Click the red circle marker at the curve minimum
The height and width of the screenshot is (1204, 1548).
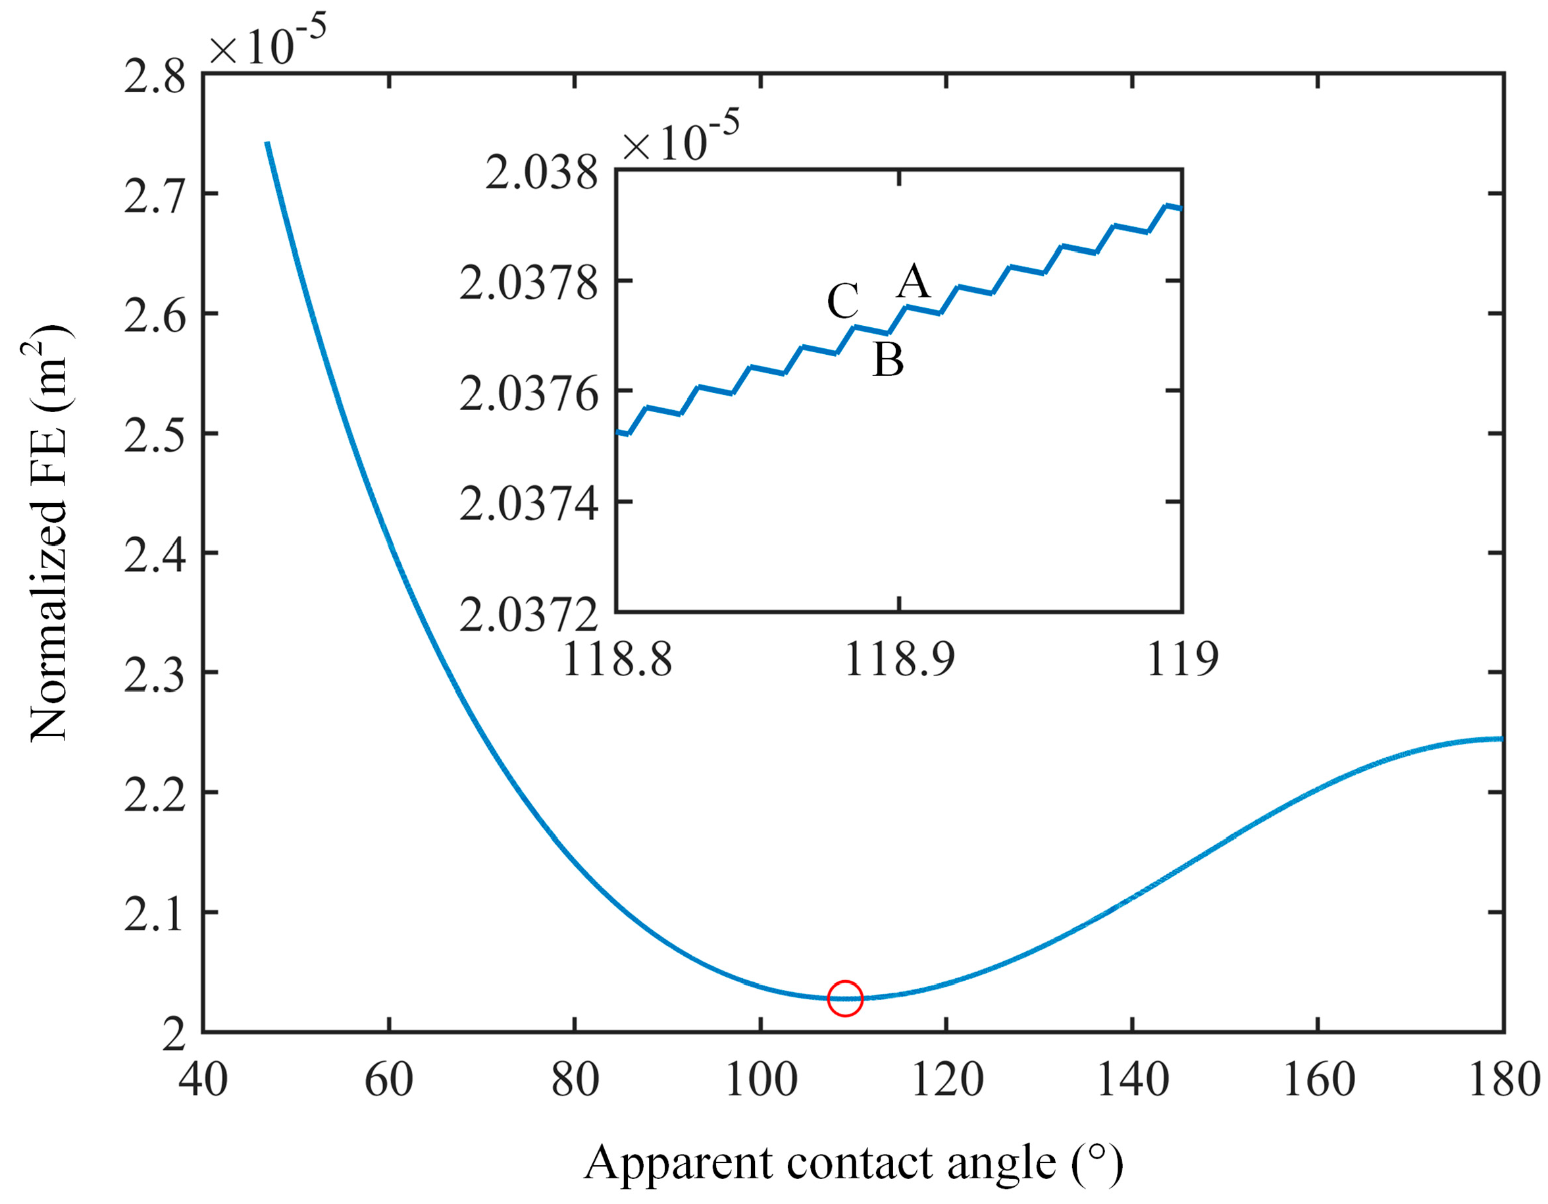pos(845,999)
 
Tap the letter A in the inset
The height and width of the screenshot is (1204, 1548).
pos(913,282)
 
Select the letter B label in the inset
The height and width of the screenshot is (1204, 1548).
pos(888,359)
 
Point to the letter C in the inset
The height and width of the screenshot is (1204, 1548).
pos(842,301)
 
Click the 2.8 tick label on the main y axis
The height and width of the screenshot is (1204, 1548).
pos(155,76)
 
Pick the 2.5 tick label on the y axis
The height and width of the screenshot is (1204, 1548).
pos(155,434)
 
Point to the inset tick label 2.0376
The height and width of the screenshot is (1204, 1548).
pos(529,394)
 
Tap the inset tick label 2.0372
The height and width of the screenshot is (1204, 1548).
pos(529,614)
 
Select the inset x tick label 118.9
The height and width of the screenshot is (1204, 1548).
pos(900,660)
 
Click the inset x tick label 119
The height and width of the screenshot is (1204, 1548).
pos(1182,660)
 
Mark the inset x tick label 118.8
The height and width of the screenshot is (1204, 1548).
pos(617,660)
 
